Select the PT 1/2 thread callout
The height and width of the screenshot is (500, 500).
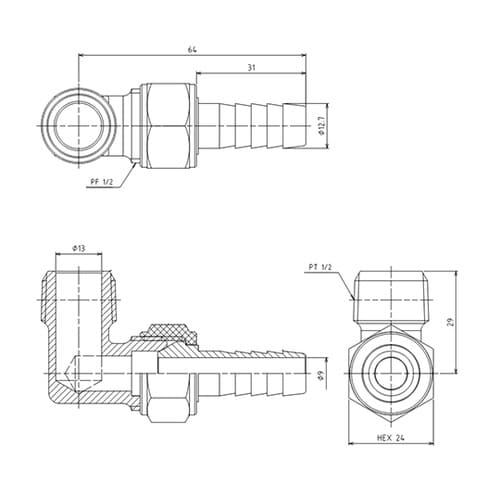(x=323, y=267)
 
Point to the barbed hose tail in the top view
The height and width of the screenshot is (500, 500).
(x=255, y=126)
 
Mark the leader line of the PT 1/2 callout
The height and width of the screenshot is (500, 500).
(x=347, y=285)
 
